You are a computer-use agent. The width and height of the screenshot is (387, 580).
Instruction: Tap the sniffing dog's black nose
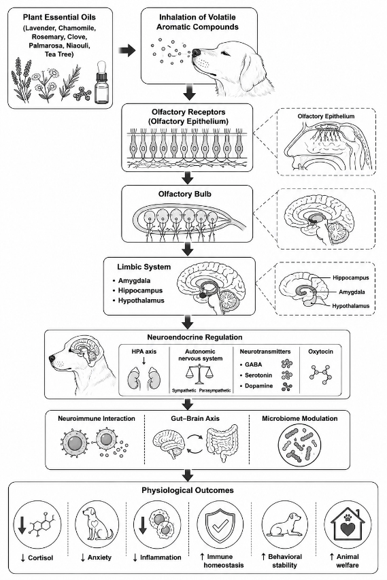(x=197, y=53)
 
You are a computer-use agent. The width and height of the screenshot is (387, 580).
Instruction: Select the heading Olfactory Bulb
(x=184, y=194)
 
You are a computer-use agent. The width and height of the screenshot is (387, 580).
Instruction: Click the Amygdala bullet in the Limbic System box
(x=134, y=280)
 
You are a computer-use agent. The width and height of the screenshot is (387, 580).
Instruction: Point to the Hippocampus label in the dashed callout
(x=350, y=277)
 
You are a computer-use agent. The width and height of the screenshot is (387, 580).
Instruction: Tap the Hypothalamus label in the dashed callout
(x=350, y=306)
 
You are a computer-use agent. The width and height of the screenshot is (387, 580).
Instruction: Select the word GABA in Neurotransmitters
(x=253, y=364)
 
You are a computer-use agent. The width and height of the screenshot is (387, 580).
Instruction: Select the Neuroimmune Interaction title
(x=96, y=418)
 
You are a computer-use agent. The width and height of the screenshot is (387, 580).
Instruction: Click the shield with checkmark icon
(x=220, y=524)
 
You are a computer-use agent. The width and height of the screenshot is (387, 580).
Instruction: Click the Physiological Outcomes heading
(x=188, y=490)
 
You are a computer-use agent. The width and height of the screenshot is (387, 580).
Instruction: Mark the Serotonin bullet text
(x=258, y=375)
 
